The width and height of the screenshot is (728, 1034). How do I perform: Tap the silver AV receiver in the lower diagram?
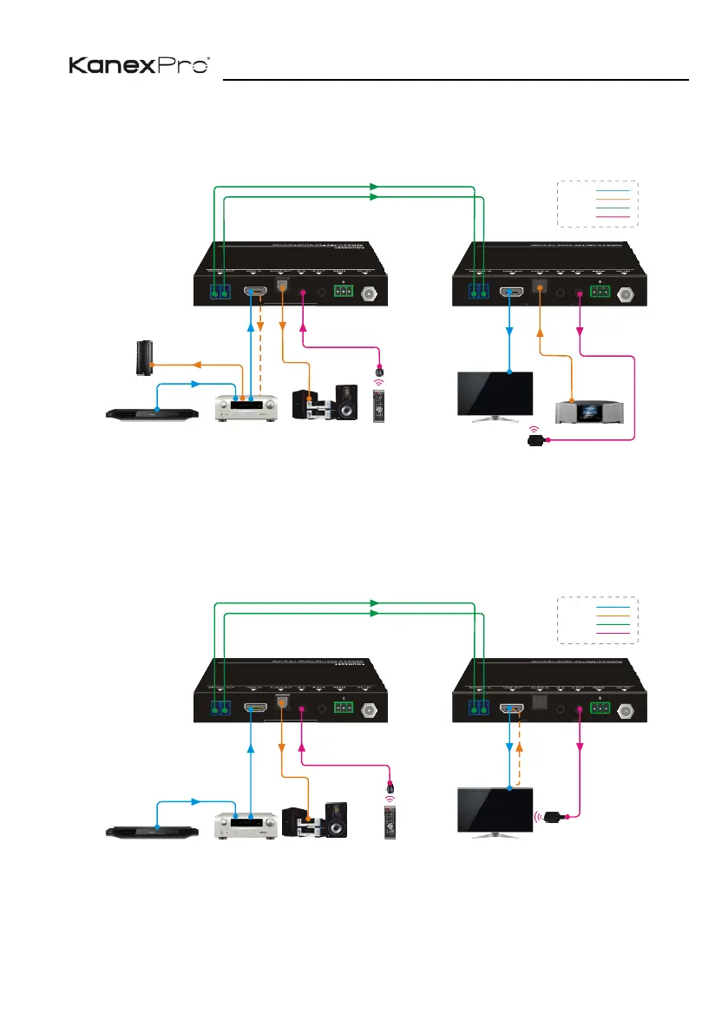pyautogui.click(x=245, y=824)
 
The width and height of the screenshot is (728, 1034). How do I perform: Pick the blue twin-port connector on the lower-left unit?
pyautogui.click(x=220, y=708)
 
